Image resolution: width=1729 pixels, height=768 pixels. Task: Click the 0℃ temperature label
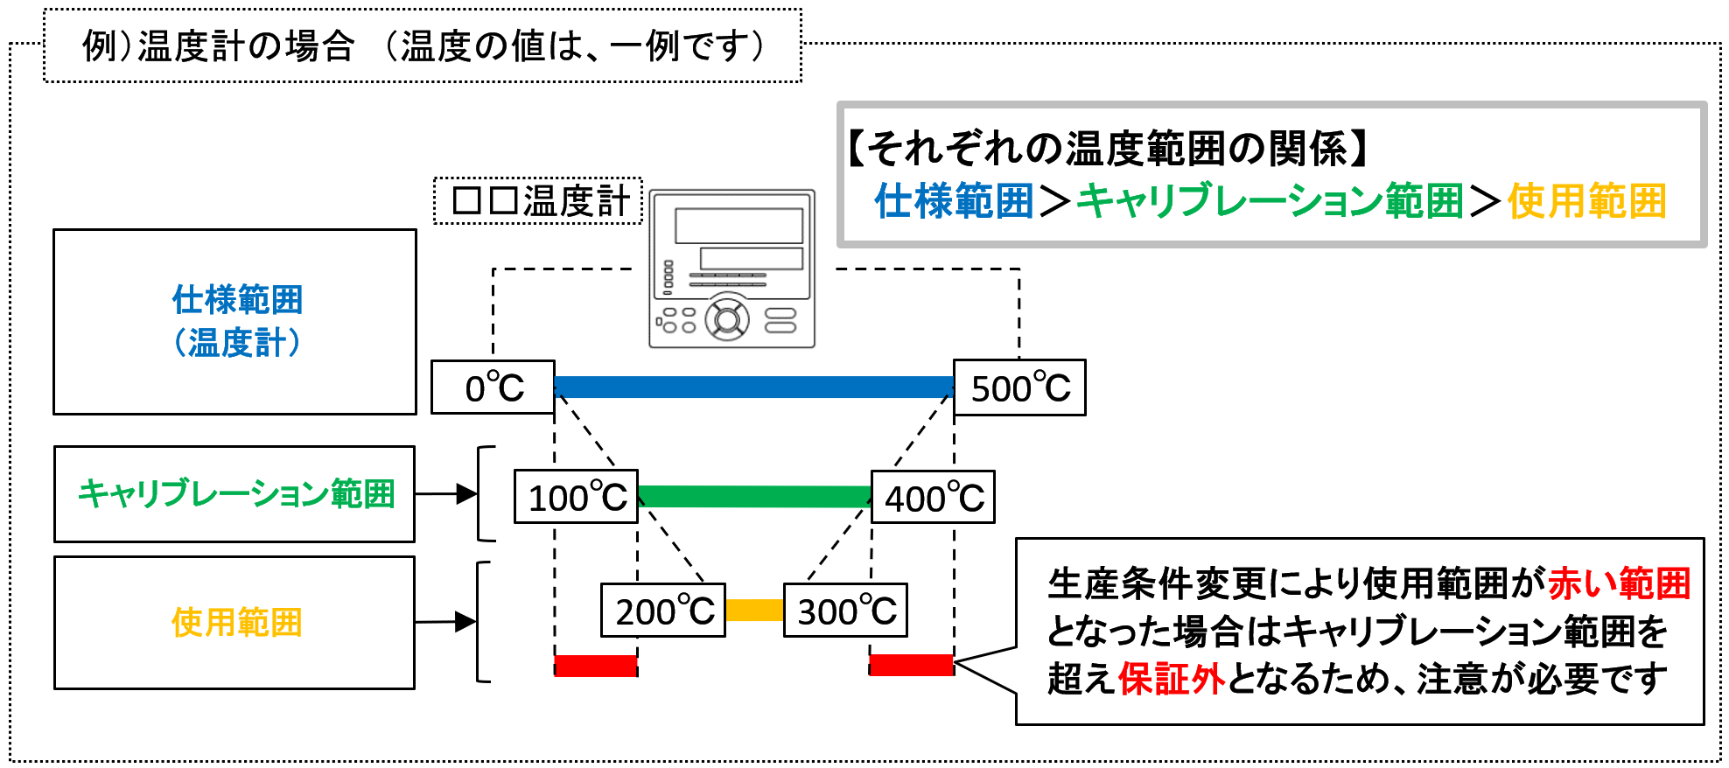click(493, 387)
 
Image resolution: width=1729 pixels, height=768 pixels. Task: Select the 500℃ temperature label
click(1019, 387)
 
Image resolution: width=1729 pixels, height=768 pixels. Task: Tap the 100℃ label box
click(576, 497)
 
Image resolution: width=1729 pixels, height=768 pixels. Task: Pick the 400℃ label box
click(933, 497)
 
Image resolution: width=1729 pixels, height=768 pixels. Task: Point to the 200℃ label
click(663, 611)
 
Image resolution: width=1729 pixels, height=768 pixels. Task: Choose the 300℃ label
click(845, 611)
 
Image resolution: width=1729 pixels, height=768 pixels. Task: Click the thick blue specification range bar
click(754, 387)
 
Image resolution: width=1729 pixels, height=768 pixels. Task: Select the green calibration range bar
click(755, 497)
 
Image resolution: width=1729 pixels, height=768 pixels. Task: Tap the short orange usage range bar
click(754, 610)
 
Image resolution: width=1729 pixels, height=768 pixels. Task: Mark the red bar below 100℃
click(596, 666)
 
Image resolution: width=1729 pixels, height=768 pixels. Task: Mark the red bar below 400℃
click(912, 665)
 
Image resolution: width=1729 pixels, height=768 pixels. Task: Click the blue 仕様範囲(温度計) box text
click(237, 321)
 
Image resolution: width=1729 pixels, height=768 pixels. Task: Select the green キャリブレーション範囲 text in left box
click(236, 494)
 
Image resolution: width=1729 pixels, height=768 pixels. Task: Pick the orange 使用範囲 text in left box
click(236, 623)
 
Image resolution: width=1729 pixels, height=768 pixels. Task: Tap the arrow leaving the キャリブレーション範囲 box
click(446, 494)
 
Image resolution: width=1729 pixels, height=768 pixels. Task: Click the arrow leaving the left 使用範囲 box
click(446, 622)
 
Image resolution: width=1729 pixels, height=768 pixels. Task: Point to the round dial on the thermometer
click(727, 319)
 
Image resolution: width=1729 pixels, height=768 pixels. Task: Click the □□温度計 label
click(539, 201)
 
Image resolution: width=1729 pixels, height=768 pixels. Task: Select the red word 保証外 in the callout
click(1171, 679)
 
